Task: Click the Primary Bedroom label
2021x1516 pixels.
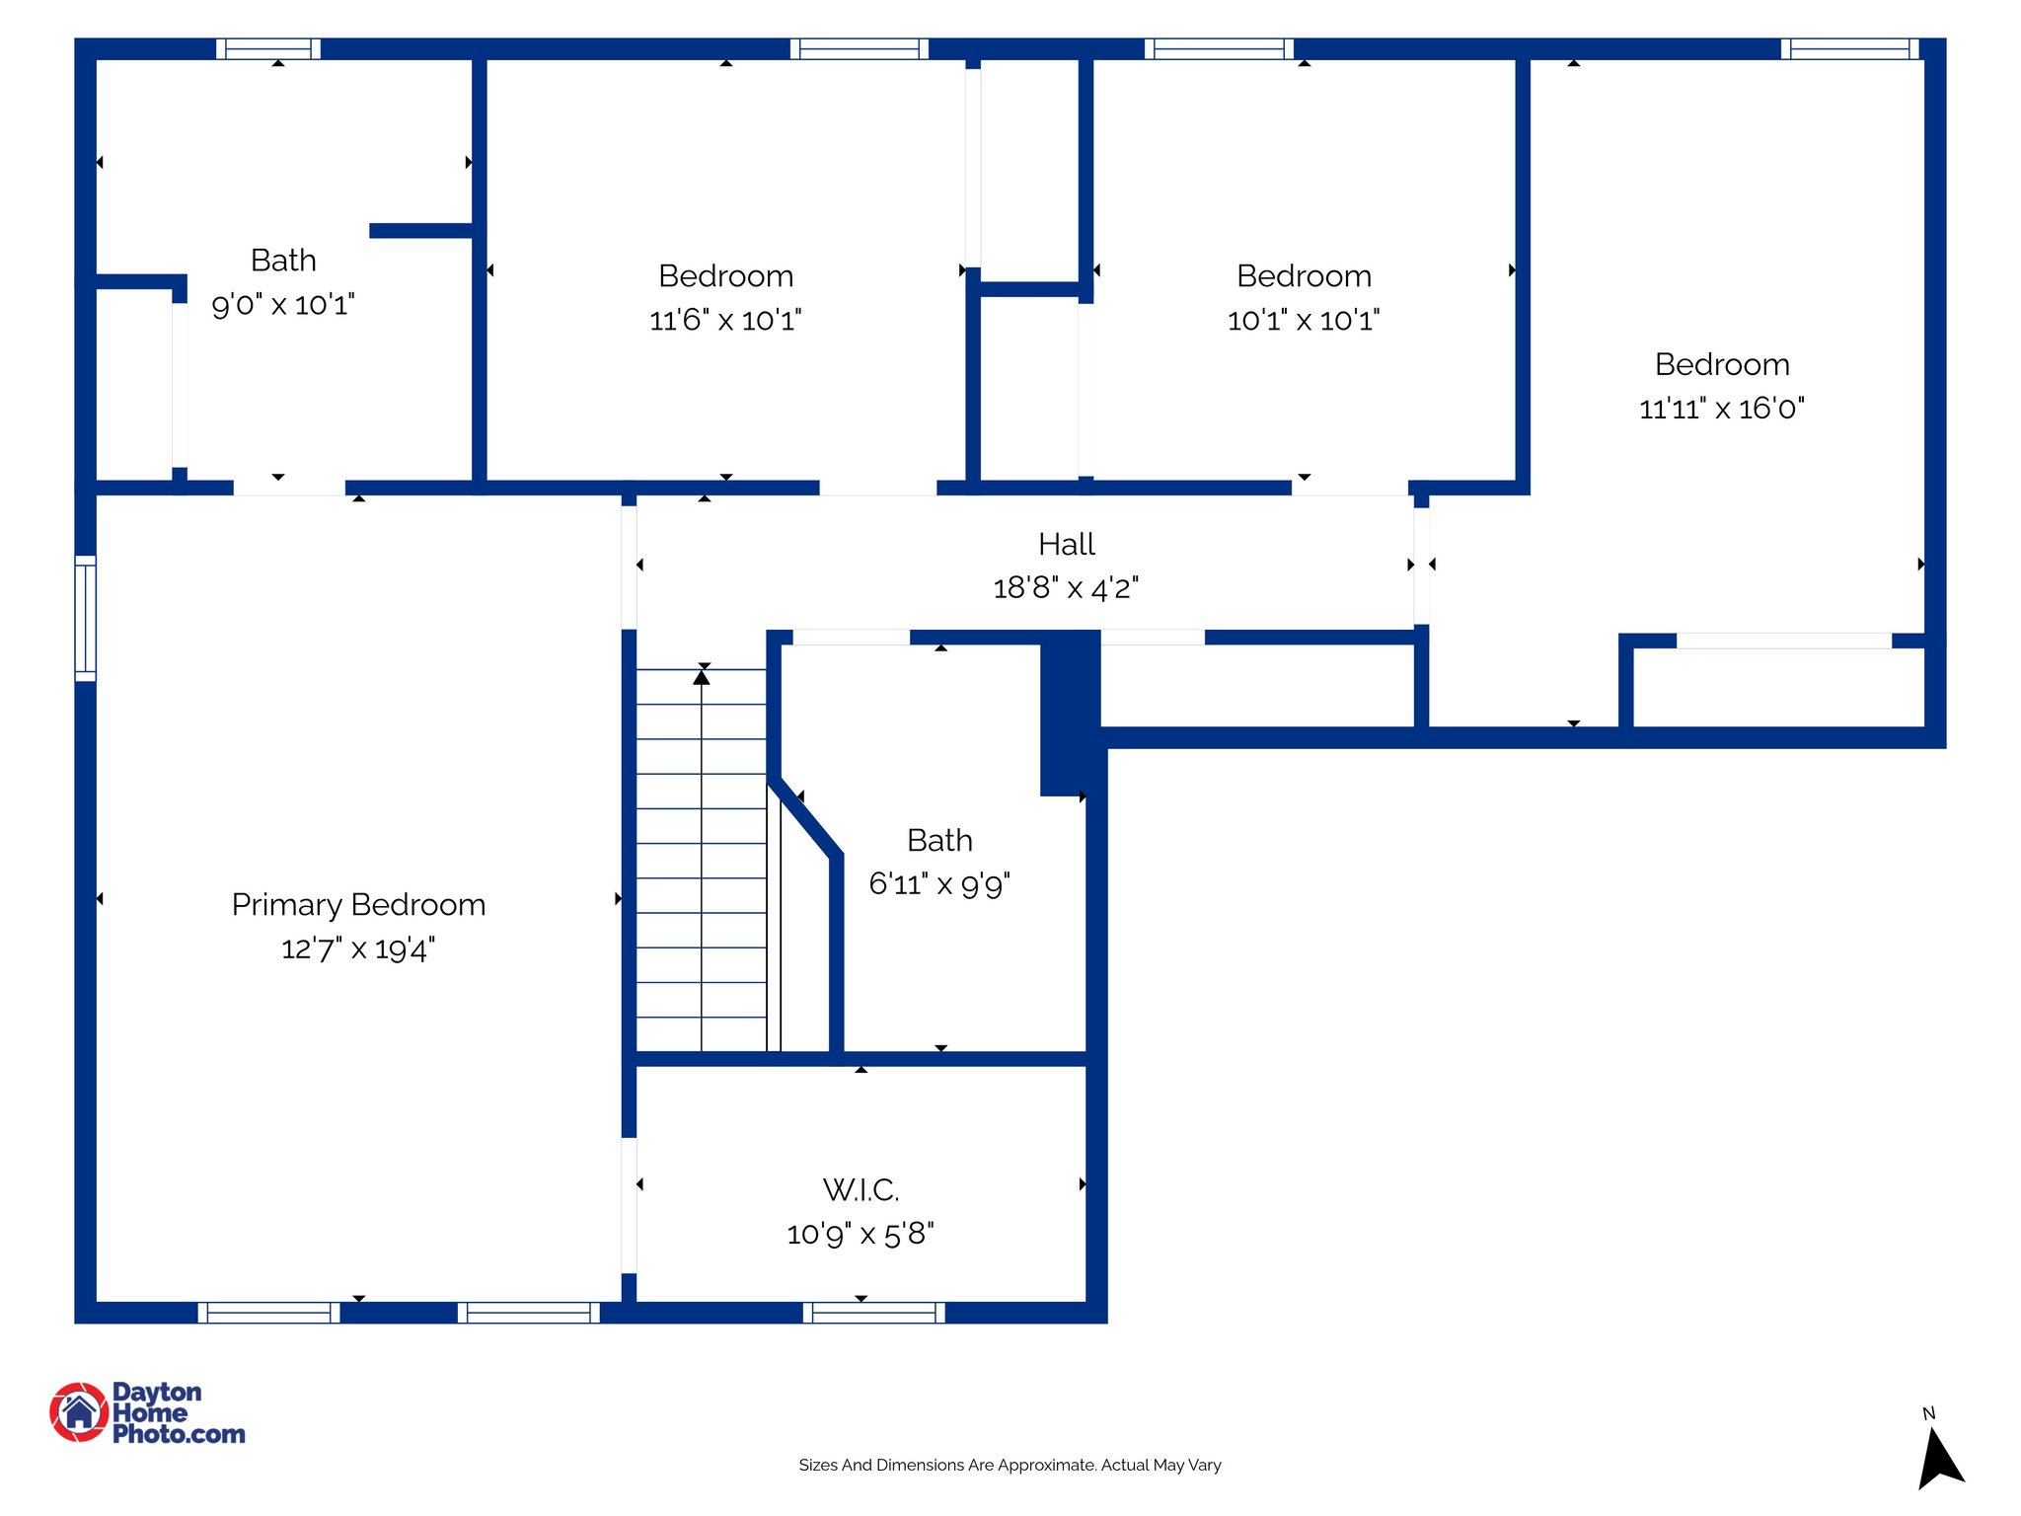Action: [358, 904]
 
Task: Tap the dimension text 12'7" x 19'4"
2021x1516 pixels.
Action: [358, 948]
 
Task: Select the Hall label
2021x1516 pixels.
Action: [1066, 544]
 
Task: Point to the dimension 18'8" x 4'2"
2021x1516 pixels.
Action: [1066, 588]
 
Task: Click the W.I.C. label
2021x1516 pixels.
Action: [861, 1189]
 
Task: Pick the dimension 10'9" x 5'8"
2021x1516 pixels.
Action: [861, 1234]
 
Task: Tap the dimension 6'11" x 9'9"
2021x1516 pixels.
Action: [939, 883]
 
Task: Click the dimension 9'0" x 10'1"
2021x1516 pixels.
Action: [283, 304]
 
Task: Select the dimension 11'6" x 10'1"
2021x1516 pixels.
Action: [725, 320]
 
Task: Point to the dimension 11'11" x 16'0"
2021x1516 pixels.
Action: [1722, 409]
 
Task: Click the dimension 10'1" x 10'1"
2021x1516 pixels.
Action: [1304, 320]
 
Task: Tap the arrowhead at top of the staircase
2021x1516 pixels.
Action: [702, 677]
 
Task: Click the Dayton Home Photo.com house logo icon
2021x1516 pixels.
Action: [79, 1411]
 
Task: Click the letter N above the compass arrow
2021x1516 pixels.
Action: [1928, 1413]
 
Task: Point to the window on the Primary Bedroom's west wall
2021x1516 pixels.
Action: [86, 618]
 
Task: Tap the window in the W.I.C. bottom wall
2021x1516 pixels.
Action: [873, 1313]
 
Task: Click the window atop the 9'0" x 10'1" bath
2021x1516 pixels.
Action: [268, 48]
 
